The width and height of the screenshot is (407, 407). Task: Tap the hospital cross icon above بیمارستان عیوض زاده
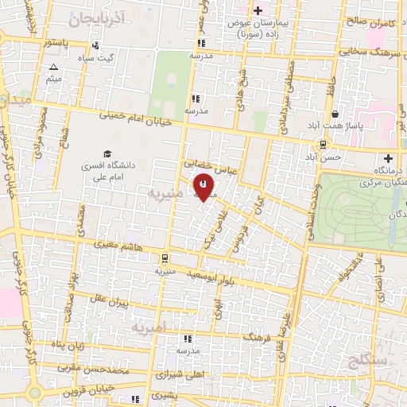tap(257, 10)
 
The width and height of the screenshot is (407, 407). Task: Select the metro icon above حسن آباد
tap(323, 144)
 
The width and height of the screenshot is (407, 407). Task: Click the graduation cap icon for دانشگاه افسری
tap(107, 153)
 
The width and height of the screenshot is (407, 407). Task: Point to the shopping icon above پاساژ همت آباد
tap(335, 114)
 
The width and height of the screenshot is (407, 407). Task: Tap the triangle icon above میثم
tap(53, 68)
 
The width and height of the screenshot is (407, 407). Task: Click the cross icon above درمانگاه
tap(388, 159)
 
